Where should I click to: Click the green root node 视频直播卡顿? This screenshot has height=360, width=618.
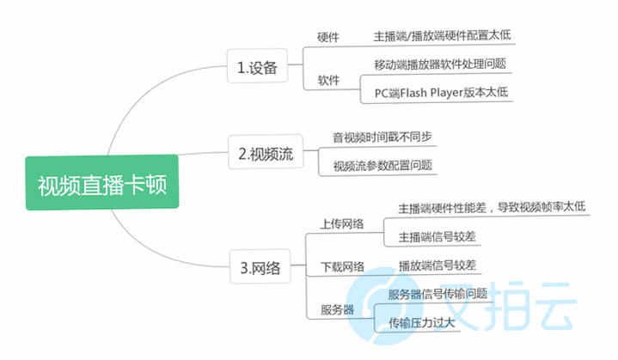[x=102, y=182]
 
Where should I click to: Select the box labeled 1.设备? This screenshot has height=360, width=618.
[x=257, y=66]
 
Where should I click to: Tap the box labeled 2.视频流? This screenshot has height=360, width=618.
[x=266, y=152]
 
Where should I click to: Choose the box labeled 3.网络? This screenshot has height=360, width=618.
[x=260, y=266]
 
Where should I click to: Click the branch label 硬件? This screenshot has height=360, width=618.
[x=328, y=38]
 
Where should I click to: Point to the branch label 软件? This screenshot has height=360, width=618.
[x=328, y=81]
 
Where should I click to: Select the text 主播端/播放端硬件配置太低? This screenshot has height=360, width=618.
[x=442, y=35]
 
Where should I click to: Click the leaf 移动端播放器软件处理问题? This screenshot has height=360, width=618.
[x=440, y=64]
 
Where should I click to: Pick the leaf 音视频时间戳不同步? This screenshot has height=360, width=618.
[x=382, y=137]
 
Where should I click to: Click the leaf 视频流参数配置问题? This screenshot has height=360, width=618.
[x=382, y=166]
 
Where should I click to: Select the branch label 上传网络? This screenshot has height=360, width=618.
[x=342, y=224]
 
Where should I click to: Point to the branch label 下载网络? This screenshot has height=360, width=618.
[x=342, y=267]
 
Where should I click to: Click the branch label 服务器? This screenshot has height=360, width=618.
[x=337, y=309]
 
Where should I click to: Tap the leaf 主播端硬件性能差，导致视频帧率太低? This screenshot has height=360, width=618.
[x=492, y=207]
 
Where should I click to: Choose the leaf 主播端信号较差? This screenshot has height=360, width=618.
[x=437, y=237]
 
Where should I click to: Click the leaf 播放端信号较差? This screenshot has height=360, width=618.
[x=437, y=265]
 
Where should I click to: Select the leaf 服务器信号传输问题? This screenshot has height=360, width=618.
[x=437, y=294]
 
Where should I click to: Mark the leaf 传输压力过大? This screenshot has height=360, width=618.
[x=422, y=323]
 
